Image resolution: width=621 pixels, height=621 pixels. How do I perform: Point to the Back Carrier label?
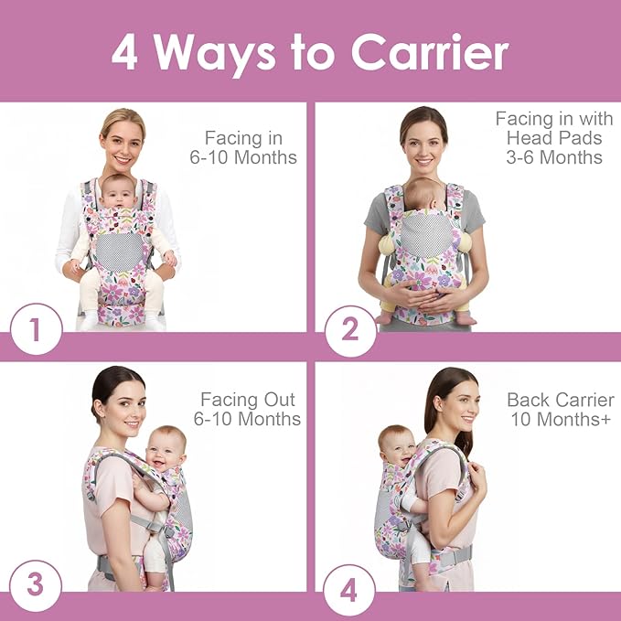560,400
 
